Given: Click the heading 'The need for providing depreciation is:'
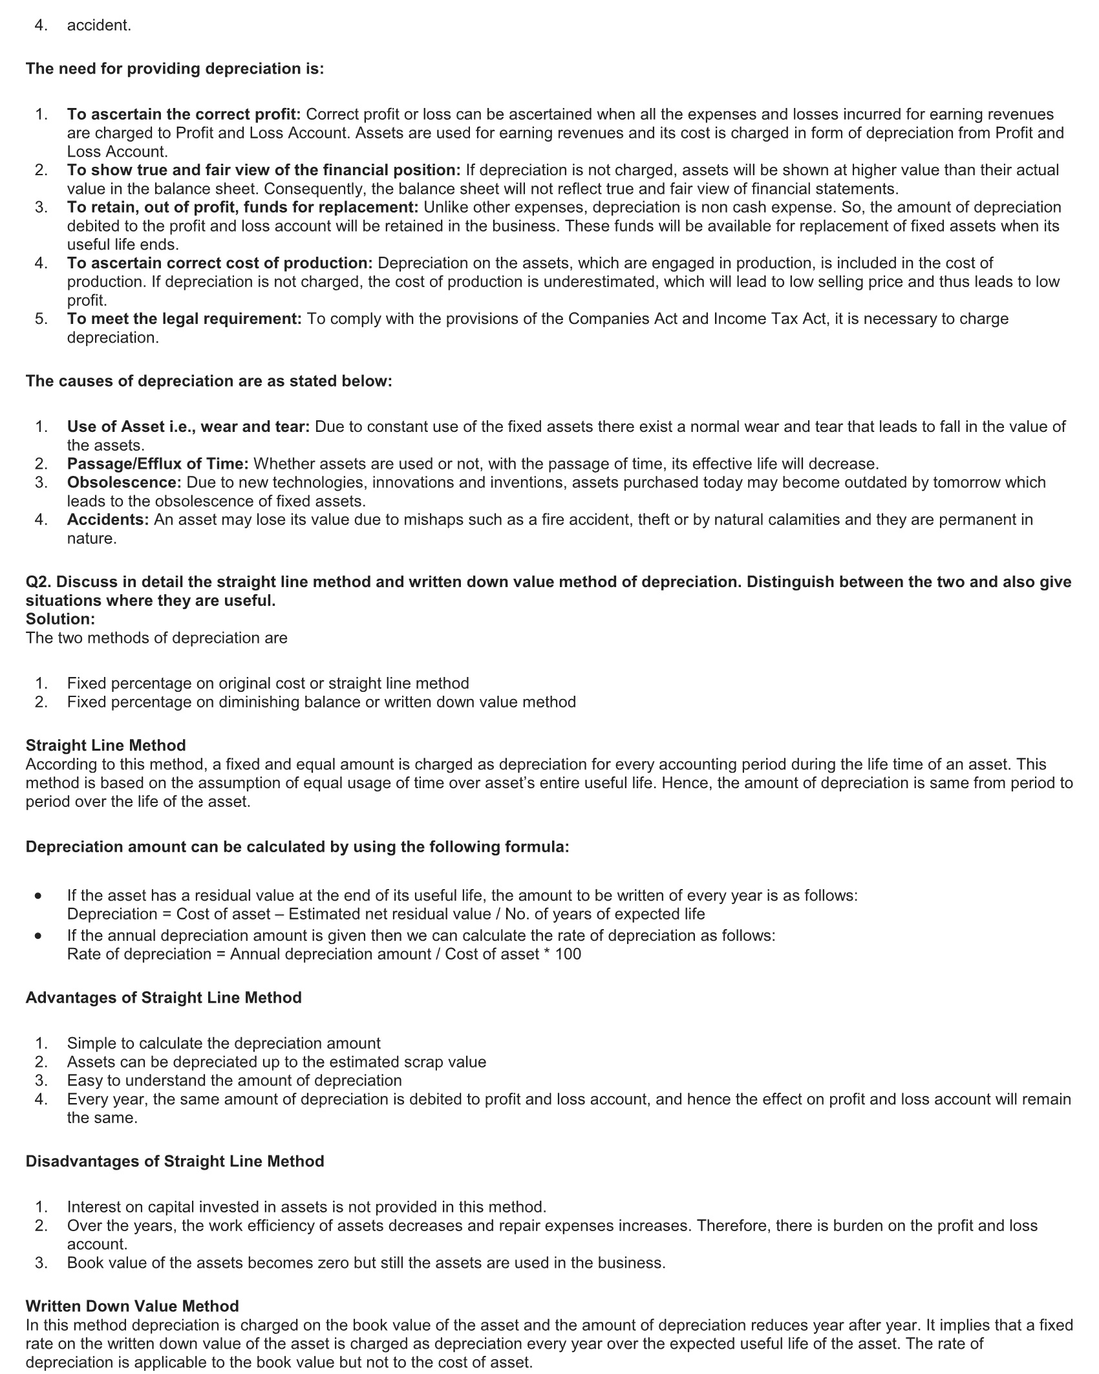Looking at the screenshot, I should pyautogui.click(x=175, y=69).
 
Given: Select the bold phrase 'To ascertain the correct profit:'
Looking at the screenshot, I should pyautogui.click(x=184, y=114).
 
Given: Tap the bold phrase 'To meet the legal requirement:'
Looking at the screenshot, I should pyautogui.click(x=184, y=319).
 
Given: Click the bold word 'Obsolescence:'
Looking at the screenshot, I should pyautogui.click(x=124, y=482).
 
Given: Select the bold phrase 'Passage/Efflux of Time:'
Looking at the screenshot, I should pyautogui.click(x=158, y=464).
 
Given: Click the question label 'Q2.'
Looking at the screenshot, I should pyautogui.click(x=38, y=582).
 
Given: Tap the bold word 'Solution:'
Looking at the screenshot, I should pyautogui.click(x=60, y=619).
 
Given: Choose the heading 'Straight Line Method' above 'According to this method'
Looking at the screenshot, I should pyautogui.click(x=105, y=745).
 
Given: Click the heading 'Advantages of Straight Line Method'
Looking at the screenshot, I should pyautogui.click(x=164, y=997).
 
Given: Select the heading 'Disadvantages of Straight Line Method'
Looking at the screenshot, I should pyautogui.click(x=175, y=1161).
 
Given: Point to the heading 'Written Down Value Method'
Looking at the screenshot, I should pyautogui.click(x=132, y=1306).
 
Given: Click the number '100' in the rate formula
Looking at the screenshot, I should pyautogui.click(x=568, y=954).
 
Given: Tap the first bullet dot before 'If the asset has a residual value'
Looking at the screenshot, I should pyautogui.click(x=40, y=896).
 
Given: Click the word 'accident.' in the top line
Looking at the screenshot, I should pyautogui.click(x=99, y=26).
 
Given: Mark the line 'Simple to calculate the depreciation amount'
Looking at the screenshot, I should pyautogui.click(x=224, y=1043).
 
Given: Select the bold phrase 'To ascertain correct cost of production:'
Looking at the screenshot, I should pyautogui.click(x=220, y=263).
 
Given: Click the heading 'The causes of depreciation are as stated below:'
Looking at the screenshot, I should pyautogui.click(x=209, y=381).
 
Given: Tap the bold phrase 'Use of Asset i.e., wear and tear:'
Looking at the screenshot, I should pyautogui.click(x=188, y=427).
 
